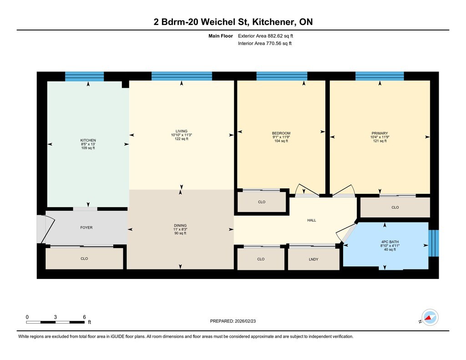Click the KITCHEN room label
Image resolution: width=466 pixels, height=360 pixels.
pyautogui.click(x=88, y=140)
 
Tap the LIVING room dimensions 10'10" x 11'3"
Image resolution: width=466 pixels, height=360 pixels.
pyautogui.click(x=181, y=135)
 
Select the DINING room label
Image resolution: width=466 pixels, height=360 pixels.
pyautogui.click(x=180, y=226)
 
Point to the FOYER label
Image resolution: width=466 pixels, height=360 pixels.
pyautogui.click(x=86, y=228)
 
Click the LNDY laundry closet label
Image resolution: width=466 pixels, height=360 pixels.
pyautogui.click(x=314, y=259)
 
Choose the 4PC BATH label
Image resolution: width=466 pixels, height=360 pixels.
pyautogui.click(x=390, y=242)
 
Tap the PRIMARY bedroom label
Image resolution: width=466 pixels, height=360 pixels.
pyautogui.click(x=380, y=133)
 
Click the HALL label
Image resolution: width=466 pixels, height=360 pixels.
pyautogui.click(x=312, y=220)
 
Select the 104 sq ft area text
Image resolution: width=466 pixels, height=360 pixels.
pyautogui.click(x=281, y=141)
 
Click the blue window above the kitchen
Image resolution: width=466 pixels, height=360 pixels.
pyautogui.click(x=84, y=76)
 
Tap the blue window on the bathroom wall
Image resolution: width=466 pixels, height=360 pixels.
pyautogui.click(x=433, y=243)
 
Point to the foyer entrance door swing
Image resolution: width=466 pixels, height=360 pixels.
pyautogui.click(x=46, y=228)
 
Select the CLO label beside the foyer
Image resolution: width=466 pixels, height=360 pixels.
pyautogui.click(x=84, y=259)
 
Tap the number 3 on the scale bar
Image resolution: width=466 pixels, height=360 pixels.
pyautogui.click(x=55, y=317)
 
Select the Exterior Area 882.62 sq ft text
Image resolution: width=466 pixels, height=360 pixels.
pyautogui.click(x=265, y=36)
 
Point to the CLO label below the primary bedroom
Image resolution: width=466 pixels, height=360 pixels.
pyautogui.click(x=395, y=208)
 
